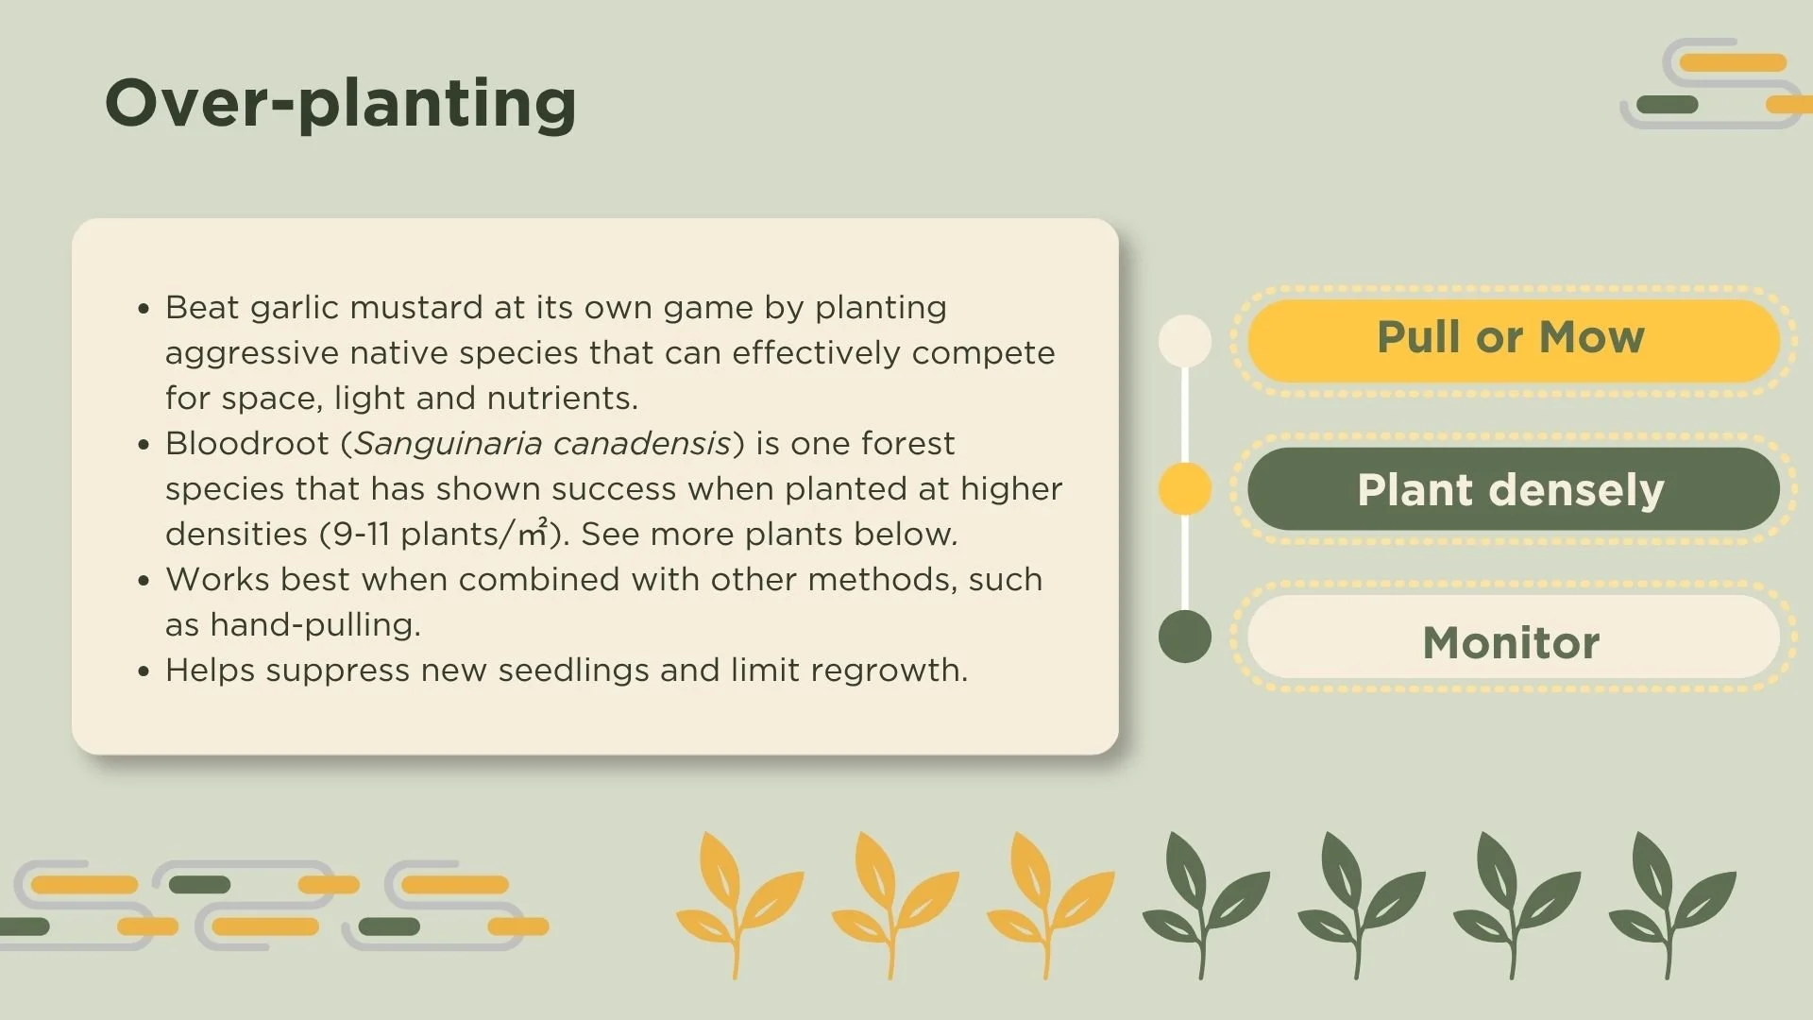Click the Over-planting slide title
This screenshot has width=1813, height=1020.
(340, 104)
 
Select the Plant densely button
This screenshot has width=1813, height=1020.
(1512, 489)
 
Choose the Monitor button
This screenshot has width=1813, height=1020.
(1512, 642)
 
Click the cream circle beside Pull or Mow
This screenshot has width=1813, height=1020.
(1184, 341)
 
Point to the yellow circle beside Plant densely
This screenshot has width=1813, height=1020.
(1184, 488)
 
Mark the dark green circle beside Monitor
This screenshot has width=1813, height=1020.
(1184, 637)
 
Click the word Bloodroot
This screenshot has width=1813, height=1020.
(246, 444)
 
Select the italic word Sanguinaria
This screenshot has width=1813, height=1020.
(447, 444)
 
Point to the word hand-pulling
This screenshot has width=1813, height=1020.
(314, 625)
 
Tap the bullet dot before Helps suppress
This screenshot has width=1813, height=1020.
(144, 671)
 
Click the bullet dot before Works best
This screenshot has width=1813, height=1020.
(144, 581)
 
